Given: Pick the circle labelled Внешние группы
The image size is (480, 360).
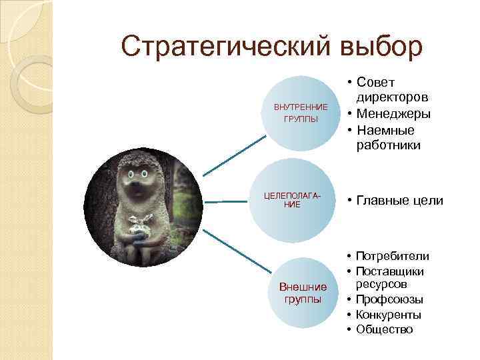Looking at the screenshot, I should (303, 293).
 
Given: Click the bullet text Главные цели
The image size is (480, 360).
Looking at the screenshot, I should (399, 200).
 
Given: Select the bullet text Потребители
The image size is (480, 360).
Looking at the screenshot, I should (393, 256).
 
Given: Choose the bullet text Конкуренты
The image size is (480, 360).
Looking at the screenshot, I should (389, 315).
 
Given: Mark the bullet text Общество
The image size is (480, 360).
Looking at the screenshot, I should (385, 329).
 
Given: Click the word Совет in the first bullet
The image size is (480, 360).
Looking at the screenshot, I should (376, 82).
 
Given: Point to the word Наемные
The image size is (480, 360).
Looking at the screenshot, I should (385, 129).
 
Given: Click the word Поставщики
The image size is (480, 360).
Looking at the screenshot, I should (390, 271).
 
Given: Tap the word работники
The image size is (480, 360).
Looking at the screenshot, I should (388, 145).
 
